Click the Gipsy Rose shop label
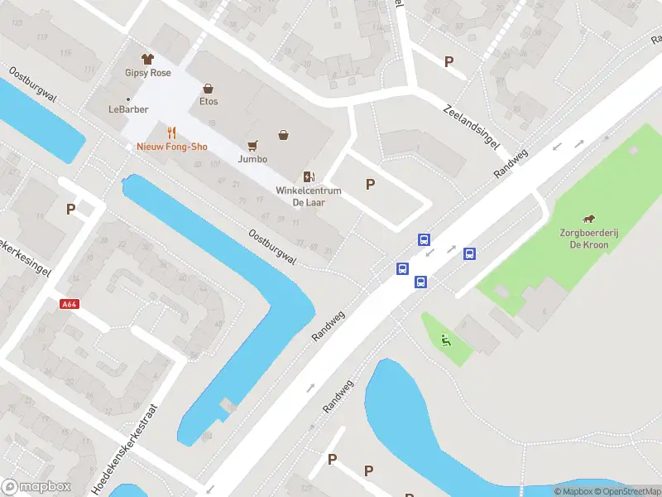[148, 73]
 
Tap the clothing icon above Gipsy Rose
[148, 59]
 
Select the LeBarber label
[127, 109]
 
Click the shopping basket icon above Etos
[208, 88]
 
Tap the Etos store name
[208, 102]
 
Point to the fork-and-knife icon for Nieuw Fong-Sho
[172, 133]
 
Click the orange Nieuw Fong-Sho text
[172, 147]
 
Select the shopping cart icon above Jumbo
[252, 144]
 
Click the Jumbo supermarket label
[252, 158]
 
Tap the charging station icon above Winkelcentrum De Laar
[309, 176]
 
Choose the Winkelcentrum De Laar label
[309, 196]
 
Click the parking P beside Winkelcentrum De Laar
[370, 185]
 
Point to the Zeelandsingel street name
[472, 127]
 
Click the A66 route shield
[70, 304]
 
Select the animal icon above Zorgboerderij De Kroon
[588, 220]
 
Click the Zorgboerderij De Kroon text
[588, 239]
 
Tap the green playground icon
[445, 339]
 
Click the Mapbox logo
[36, 487]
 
